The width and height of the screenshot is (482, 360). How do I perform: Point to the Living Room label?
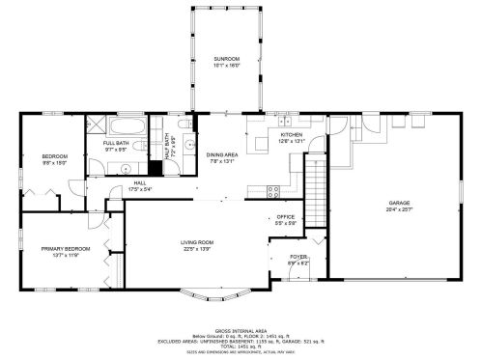point(196,241)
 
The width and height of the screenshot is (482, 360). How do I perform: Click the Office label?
point(285,216)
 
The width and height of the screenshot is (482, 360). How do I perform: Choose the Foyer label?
point(298,257)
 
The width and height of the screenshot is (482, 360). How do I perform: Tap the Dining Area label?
point(221,156)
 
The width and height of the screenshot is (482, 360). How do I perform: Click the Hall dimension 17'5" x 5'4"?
point(140,188)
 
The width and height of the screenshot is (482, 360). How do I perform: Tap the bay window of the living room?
point(222,292)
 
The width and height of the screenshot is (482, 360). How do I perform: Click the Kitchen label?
point(291,134)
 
